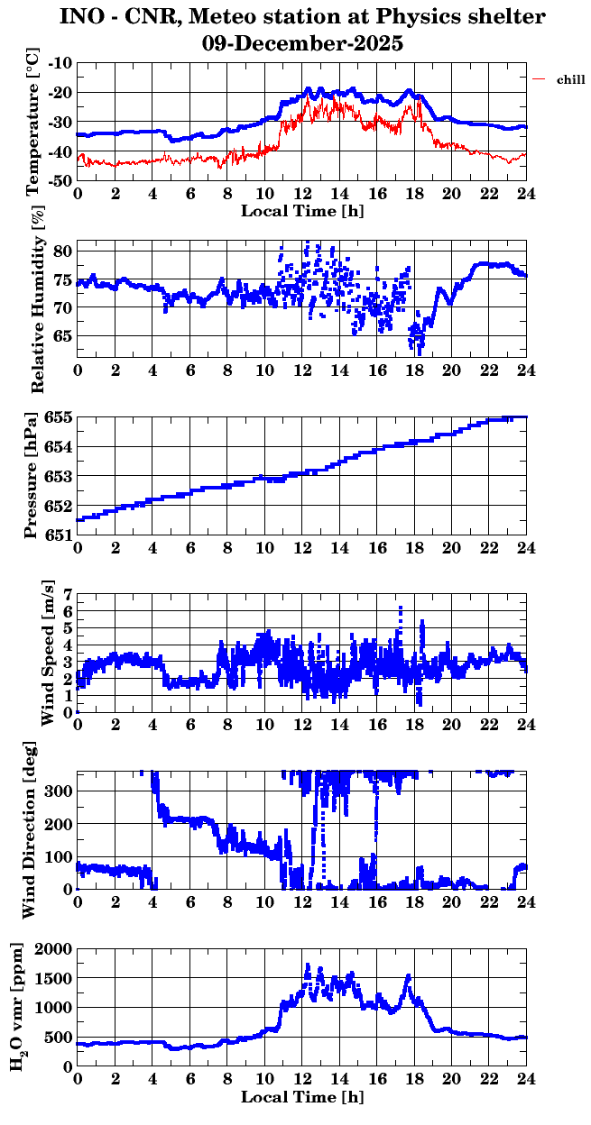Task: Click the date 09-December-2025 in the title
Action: (302, 43)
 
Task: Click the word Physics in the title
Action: (412, 17)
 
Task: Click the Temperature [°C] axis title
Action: (35, 121)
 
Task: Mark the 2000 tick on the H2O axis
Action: (54, 948)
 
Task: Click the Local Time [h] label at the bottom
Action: (302, 1097)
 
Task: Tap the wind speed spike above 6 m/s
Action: (400, 611)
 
